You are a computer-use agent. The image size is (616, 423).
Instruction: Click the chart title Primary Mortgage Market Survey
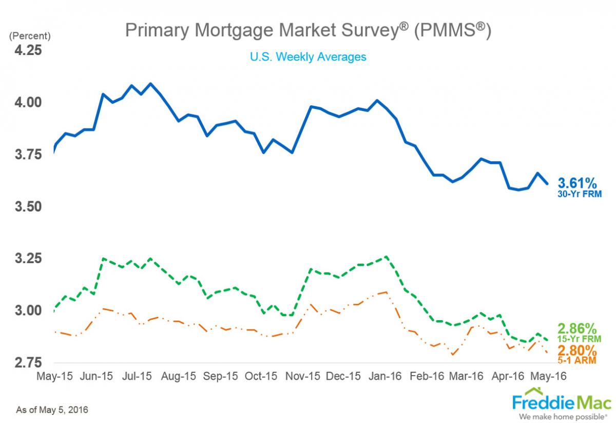[308, 31]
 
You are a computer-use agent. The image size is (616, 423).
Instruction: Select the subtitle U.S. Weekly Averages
[308, 57]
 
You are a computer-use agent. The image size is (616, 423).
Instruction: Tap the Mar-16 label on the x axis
[466, 376]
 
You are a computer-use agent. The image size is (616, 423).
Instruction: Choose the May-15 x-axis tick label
[54, 376]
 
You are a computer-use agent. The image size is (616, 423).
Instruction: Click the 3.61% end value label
[577, 182]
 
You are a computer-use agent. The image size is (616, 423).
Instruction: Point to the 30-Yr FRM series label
[579, 194]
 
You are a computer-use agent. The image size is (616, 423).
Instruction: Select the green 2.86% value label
[577, 328]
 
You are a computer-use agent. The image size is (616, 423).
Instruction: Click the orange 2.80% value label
[577, 351]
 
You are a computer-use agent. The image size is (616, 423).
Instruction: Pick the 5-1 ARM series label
[579, 362]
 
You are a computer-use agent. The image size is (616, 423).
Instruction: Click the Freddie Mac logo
[562, 401]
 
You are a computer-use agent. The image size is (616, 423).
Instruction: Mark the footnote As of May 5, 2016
[52, 410]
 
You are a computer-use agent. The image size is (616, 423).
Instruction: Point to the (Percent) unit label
[29, 36]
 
